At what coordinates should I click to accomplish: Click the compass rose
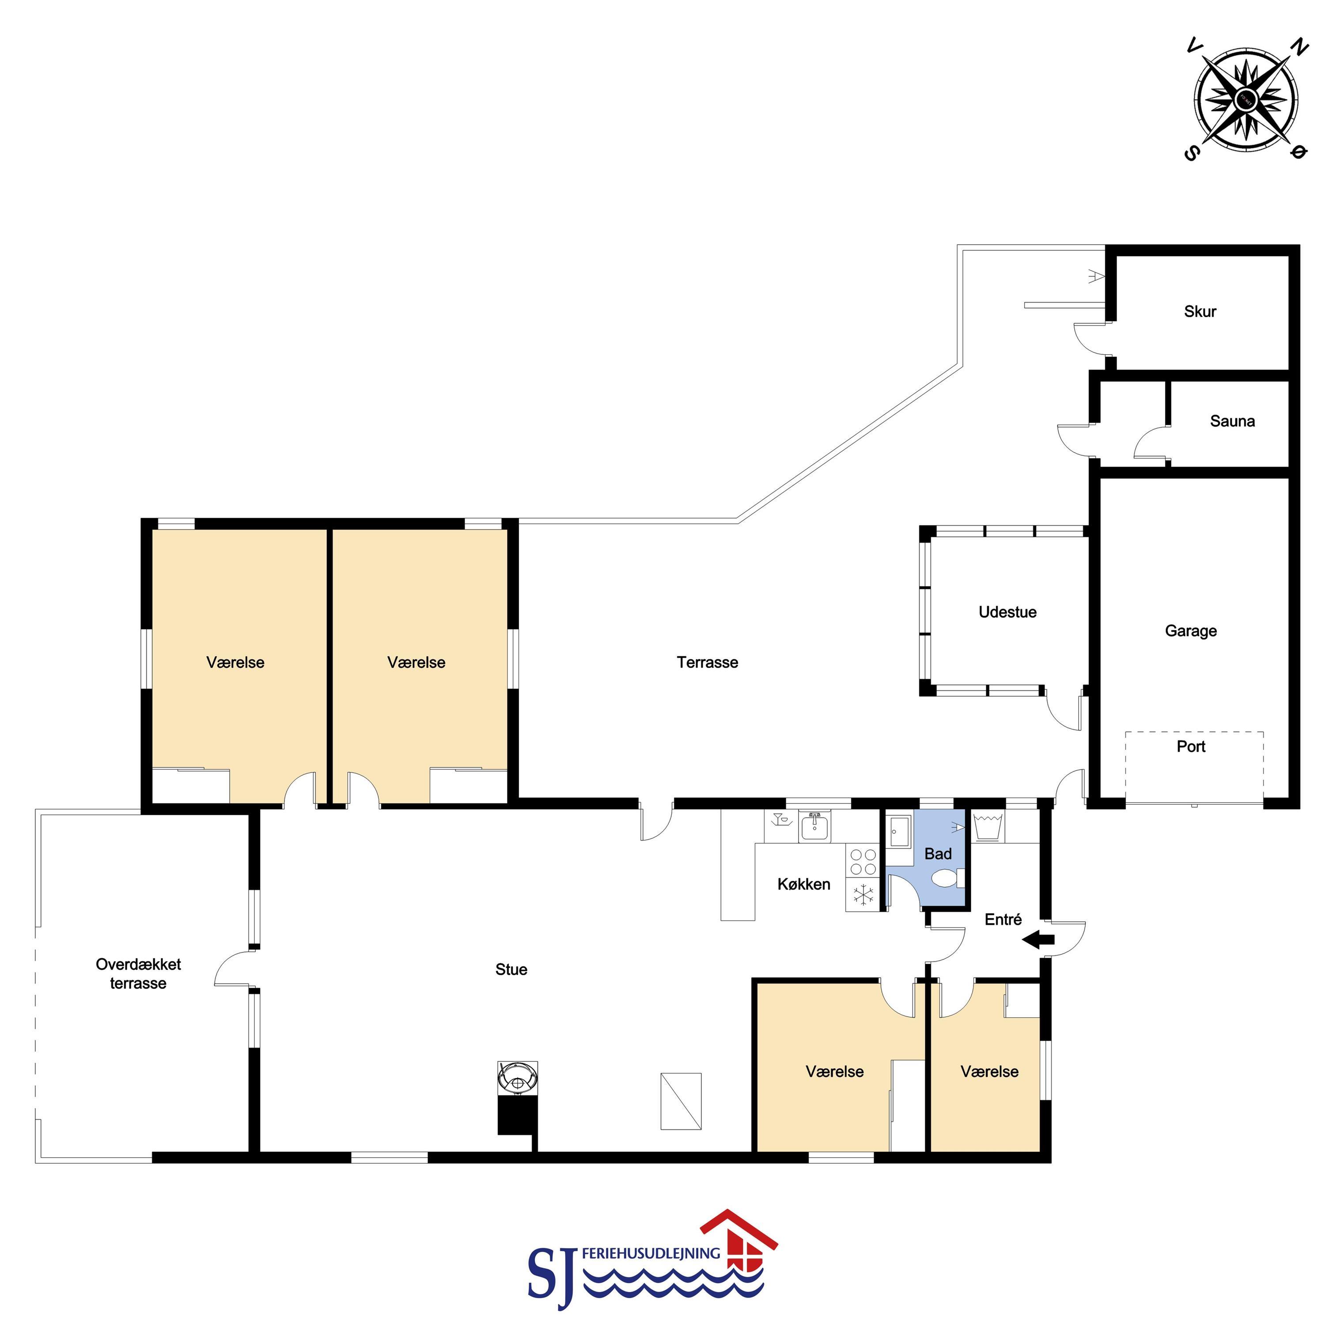(x=1246, y=100)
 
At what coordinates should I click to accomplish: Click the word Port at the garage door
(x=1191, y=746)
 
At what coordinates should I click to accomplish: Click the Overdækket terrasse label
(x=138, y=973)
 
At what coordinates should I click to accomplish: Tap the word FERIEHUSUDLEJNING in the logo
(x=651, y=1253)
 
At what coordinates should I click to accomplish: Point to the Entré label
(x=1003, y=920)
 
